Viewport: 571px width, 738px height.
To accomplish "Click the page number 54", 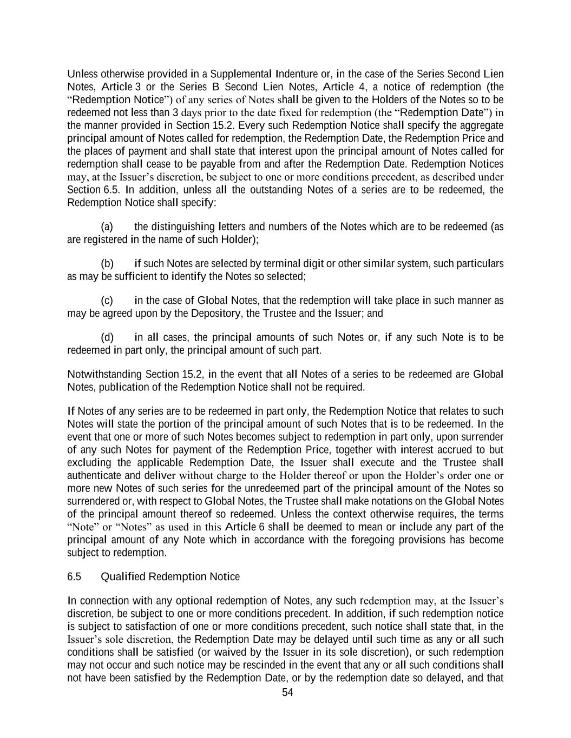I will (287, 693).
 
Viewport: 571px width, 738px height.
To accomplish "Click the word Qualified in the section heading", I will (123, 576).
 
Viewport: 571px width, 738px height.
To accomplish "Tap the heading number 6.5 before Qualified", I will (74, 576).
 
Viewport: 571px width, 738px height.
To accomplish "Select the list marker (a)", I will (107, 227).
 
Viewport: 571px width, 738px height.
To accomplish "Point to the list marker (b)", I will (107, 263).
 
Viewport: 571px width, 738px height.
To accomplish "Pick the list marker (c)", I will (107, 300).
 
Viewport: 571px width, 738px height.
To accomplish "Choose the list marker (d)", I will (107, 337).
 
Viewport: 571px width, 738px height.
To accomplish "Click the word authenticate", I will (94, 476).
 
